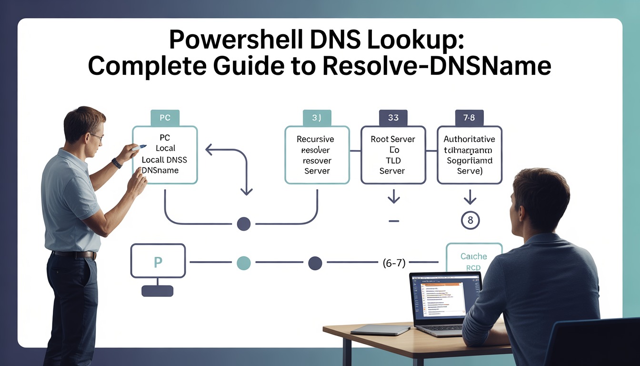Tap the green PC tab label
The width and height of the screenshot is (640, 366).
point(165,117)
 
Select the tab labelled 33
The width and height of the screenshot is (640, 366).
point(393,118)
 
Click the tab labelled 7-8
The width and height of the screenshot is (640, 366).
point(469,118)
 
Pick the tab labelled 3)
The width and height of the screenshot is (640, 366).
point(317,118)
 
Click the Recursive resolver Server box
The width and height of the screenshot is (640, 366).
point(317,155)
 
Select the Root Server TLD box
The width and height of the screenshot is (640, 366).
point(393,155)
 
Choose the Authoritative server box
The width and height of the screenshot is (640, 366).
point(469,155)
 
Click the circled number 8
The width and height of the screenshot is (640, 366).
point(470,221)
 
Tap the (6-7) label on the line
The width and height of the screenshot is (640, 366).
point(393,263)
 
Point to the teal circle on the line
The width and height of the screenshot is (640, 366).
point(243,263)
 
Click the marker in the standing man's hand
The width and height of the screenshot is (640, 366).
point(140,148)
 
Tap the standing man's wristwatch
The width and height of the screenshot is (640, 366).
point(117,163)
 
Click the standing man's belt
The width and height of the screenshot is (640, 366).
point(74,254)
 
